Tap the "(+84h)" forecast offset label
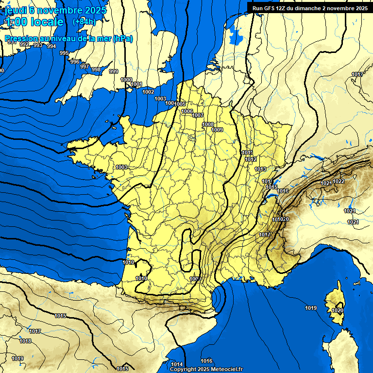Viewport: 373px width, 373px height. click(84, 21)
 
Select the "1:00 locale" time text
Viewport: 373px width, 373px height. click(34, 22)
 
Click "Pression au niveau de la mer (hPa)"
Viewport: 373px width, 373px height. click(68, 39)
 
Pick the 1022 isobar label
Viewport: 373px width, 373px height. click(339, 181)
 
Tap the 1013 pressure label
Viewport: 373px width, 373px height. click(260, 169)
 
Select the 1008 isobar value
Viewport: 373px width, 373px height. click(207, 125)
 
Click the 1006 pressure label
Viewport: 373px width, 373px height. click(187, 111)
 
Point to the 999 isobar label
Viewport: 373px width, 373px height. click(114, 71)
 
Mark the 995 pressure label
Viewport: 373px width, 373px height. click(64, 52)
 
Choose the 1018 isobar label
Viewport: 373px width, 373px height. click(25, 341)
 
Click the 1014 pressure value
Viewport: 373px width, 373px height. click(177, 364)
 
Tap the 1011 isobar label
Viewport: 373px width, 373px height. click(247, 153)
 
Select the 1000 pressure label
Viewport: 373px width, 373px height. click(126, 80)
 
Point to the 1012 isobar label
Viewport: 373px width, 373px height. click(251, 159)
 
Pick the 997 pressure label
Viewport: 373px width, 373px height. click(85, 67)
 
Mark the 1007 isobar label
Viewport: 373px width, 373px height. click(198, 115)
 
